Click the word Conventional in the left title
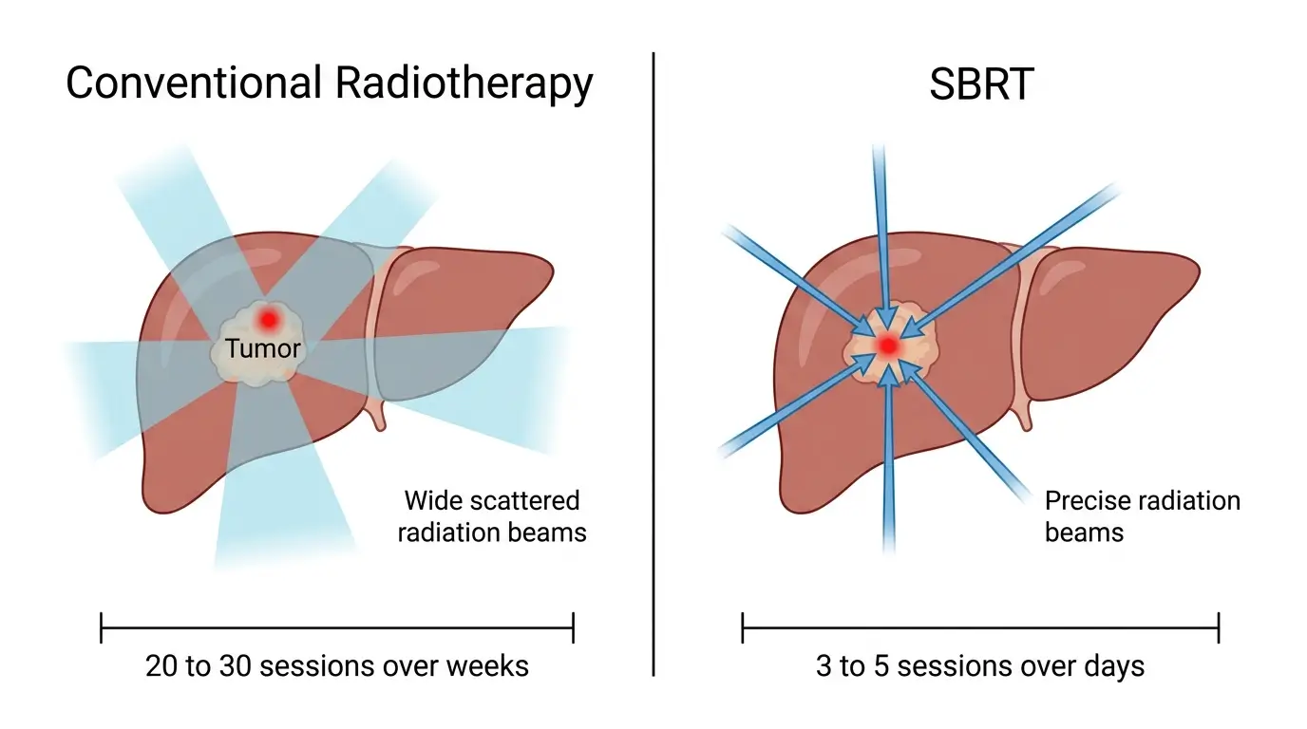(194, 84)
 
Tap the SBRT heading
(981, 84)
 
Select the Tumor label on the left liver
(263, 348)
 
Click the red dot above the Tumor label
(269, 319)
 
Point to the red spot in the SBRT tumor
(887, 346)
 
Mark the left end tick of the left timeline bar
(102, 627)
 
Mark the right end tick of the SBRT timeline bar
(1218, 627)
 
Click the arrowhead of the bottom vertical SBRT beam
(886, 377)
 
